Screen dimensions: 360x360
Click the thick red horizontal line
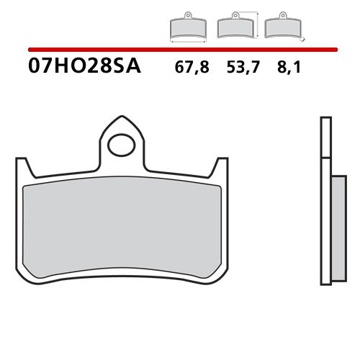point(180,50)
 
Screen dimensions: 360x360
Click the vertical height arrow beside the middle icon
point(257,24)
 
